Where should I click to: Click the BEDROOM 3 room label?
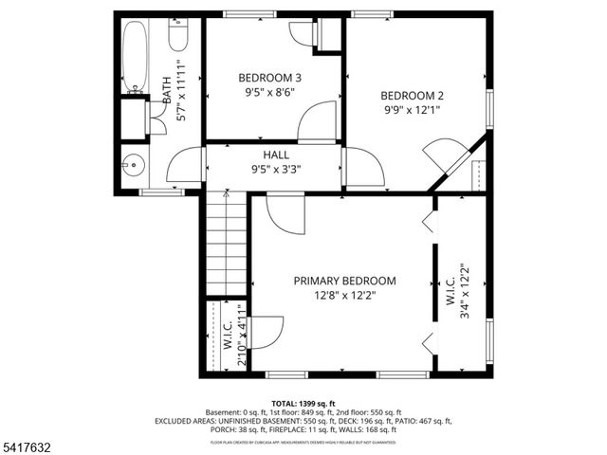[x=270, y=78]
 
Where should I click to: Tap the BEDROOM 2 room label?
[x=412, y=95]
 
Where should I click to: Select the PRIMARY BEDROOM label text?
[x=344, y=281]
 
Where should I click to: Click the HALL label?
[x=276, y=155]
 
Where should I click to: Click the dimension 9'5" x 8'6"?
[x=270, y=93]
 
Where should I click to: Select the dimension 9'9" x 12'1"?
[x=412, y=110]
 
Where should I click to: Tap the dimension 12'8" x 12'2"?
[x=344, y=296]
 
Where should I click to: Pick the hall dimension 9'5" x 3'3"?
[x=276, y=170]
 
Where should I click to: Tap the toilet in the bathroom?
[x=178, y=36]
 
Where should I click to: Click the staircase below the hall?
[x=227, y=243]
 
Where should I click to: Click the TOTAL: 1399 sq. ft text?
[x=303, y=402]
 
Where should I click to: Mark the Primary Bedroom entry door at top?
[x=285, y=213]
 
